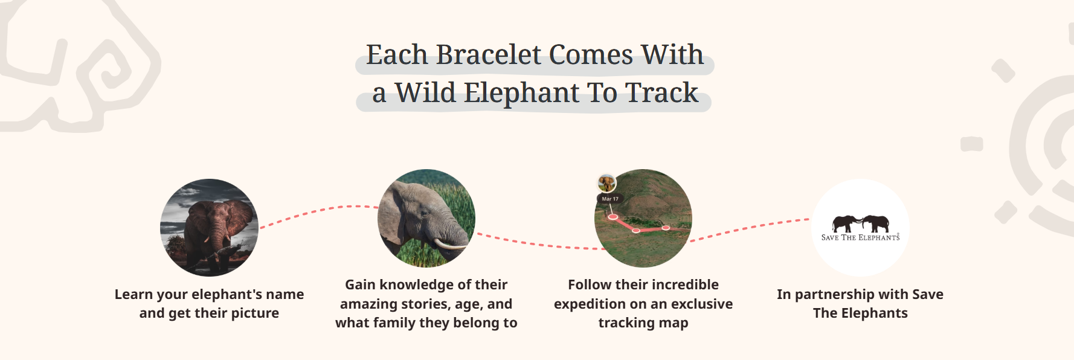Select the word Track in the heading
point(661,92)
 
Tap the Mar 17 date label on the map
point(610,199)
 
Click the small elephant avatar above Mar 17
point(606,183)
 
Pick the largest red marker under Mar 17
point(613,216)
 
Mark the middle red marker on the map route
point(636,230)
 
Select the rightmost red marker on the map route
point(666,228)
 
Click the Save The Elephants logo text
point(860,238)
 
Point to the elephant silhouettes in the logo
point(861,223)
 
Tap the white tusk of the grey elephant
point(449,245)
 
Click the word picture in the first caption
point(256,313)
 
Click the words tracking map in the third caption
point(643,323)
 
